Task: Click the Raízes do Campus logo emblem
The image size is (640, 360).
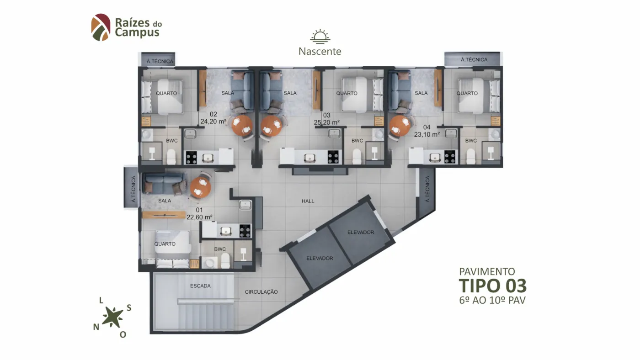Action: pyautogui.click(x=101, y=27)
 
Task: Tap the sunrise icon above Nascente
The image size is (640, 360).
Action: pyautogui.click(x=320, y=36)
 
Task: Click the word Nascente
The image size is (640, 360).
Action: pyautogui.click(x=320, y=51)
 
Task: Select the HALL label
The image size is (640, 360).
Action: pyautogui.click(x=308, y=201)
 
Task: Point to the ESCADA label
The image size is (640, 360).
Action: pyautogui.click(x=200, y=286)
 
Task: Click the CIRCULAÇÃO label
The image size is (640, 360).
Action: pyautogui.click(x=261, y=292)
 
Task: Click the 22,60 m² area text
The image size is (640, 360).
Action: pyautogui.click(x=199, y=217)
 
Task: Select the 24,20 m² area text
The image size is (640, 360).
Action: pyautogui.click(x=213, y=122)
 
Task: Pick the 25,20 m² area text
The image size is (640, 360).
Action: pyautogui.click(x=326, y=122)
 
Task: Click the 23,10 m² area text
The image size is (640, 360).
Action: pyautogui.click(x=427, y=134)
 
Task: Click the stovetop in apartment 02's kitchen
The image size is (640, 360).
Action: pyautogui.click(x=191, y=158)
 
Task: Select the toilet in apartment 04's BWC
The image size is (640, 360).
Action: pyautogui.click(x=470, y=156)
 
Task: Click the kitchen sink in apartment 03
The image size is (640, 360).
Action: pyautogui.click(x=309, y=158)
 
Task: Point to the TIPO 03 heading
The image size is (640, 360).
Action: pyautogui.click(x=493, y=286)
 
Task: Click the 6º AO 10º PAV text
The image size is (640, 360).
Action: pyautogui.click(x=492, y=300)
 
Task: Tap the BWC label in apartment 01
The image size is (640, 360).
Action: pyautogui.click(x=220, y=249)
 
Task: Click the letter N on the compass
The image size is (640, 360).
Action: pyautogui.click(x=96, y=327)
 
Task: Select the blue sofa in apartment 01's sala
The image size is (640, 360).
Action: pyautogui.click(x=164, y=184)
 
